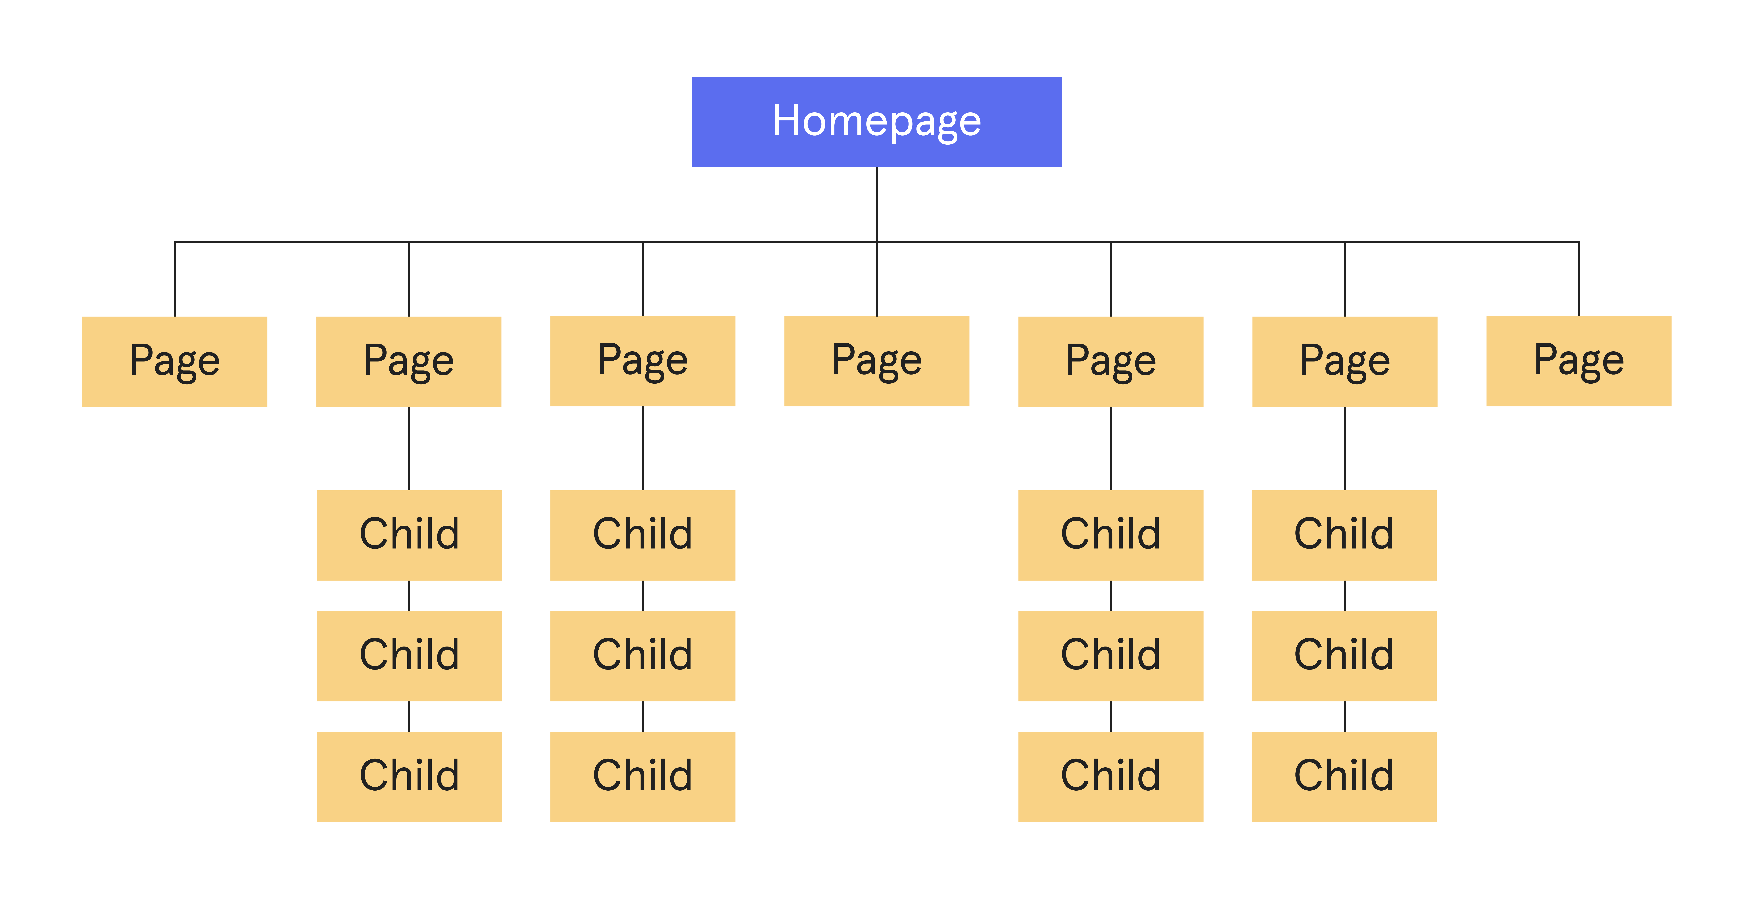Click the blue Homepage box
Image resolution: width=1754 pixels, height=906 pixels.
click(x=876, y=122)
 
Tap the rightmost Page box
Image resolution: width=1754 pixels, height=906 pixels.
click(x=1578, y=361)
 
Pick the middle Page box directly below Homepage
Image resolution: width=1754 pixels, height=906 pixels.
click(x=876, y=361)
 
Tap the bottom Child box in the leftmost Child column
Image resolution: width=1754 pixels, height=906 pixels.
click(x=409, y=777)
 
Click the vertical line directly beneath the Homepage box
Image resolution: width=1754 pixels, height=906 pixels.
click(x=876, y=204)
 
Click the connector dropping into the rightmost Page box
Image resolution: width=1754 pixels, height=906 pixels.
click(x=1578, y=279)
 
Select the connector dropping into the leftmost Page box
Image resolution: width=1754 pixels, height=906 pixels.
click(x=175, y=279)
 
